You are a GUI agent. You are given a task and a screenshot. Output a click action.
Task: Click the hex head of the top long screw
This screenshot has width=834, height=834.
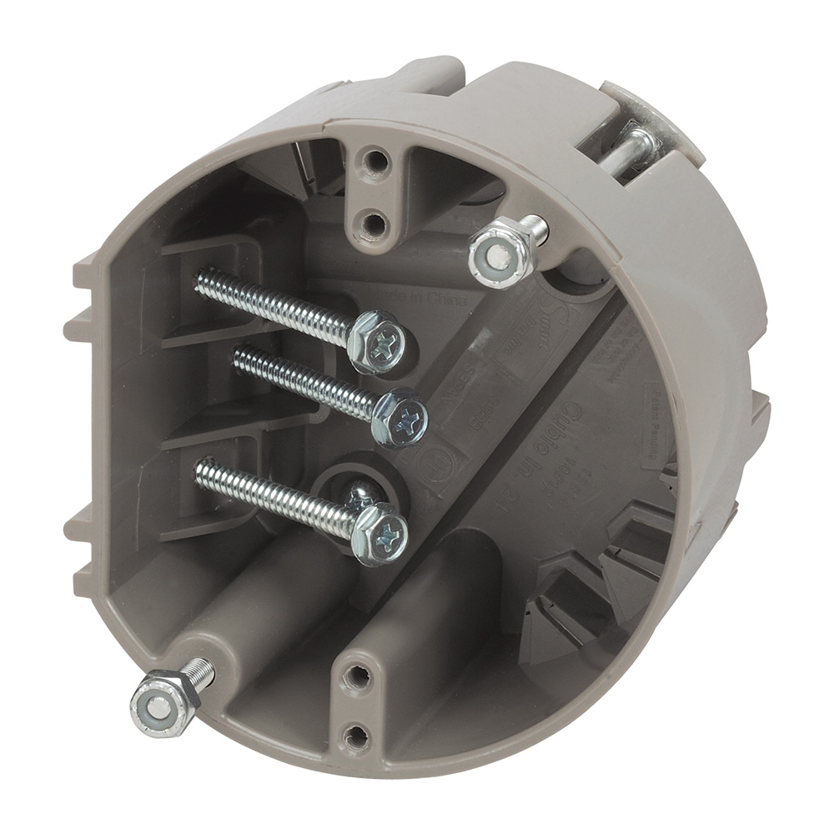[x=377, y=340]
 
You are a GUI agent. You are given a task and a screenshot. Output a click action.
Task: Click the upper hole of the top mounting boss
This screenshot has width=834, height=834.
[x=377, y=159]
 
